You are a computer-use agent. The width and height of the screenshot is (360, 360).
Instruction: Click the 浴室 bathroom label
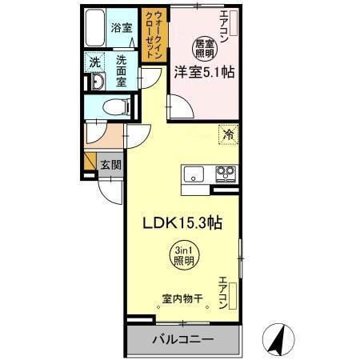122,26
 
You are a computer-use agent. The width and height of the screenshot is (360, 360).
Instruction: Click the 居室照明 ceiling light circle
205,46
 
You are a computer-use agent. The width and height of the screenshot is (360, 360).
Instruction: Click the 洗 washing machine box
94,60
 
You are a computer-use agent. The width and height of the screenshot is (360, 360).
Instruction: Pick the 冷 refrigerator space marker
228,135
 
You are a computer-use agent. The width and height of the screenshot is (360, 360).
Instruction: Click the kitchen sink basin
196,173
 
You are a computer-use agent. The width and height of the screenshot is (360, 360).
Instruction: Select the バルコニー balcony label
182,340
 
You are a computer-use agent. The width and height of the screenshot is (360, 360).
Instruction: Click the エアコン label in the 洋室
223,26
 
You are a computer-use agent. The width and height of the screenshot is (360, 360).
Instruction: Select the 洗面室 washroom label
122,70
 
